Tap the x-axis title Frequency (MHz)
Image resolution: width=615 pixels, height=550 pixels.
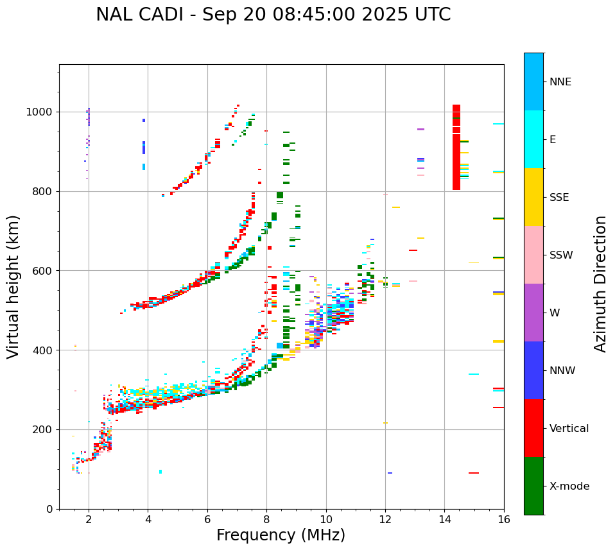[x=281, y=535]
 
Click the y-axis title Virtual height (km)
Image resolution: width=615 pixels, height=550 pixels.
[x=13, y=287]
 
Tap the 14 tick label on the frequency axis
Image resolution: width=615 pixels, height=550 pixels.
[x=444, y=520]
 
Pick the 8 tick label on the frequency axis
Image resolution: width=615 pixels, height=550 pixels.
[x=266, y=520]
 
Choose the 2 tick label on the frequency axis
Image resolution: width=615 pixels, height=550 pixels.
[x=89, y=520]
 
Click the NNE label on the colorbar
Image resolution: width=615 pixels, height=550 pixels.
[x=560, y=82]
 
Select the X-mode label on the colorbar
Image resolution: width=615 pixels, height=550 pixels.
[x=569, y=486]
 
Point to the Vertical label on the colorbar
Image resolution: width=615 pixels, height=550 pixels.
[x=569, y=429]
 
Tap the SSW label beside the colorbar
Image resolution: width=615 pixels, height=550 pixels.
[x=561, y=255]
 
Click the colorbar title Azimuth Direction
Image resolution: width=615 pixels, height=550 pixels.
[x=600, y=284]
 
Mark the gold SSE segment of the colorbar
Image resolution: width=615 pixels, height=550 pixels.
[x=533, y=197]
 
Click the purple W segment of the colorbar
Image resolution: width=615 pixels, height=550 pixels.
[x=533, y=313]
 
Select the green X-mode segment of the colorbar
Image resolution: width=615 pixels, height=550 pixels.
[x=533, y=486]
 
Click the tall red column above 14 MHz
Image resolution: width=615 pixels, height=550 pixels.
[x=456, y=148]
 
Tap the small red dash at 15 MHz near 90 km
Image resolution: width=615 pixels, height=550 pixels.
[x=474, y=473]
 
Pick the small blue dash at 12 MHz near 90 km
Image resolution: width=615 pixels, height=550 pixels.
[x=390, y=473]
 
